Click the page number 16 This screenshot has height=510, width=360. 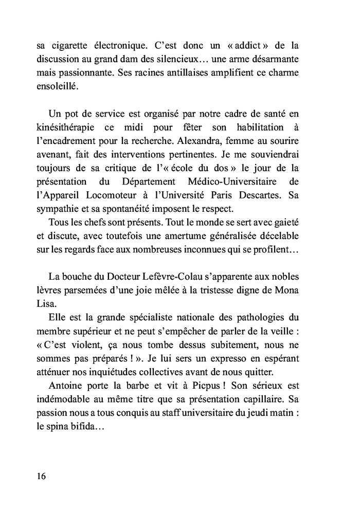(42, 476)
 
